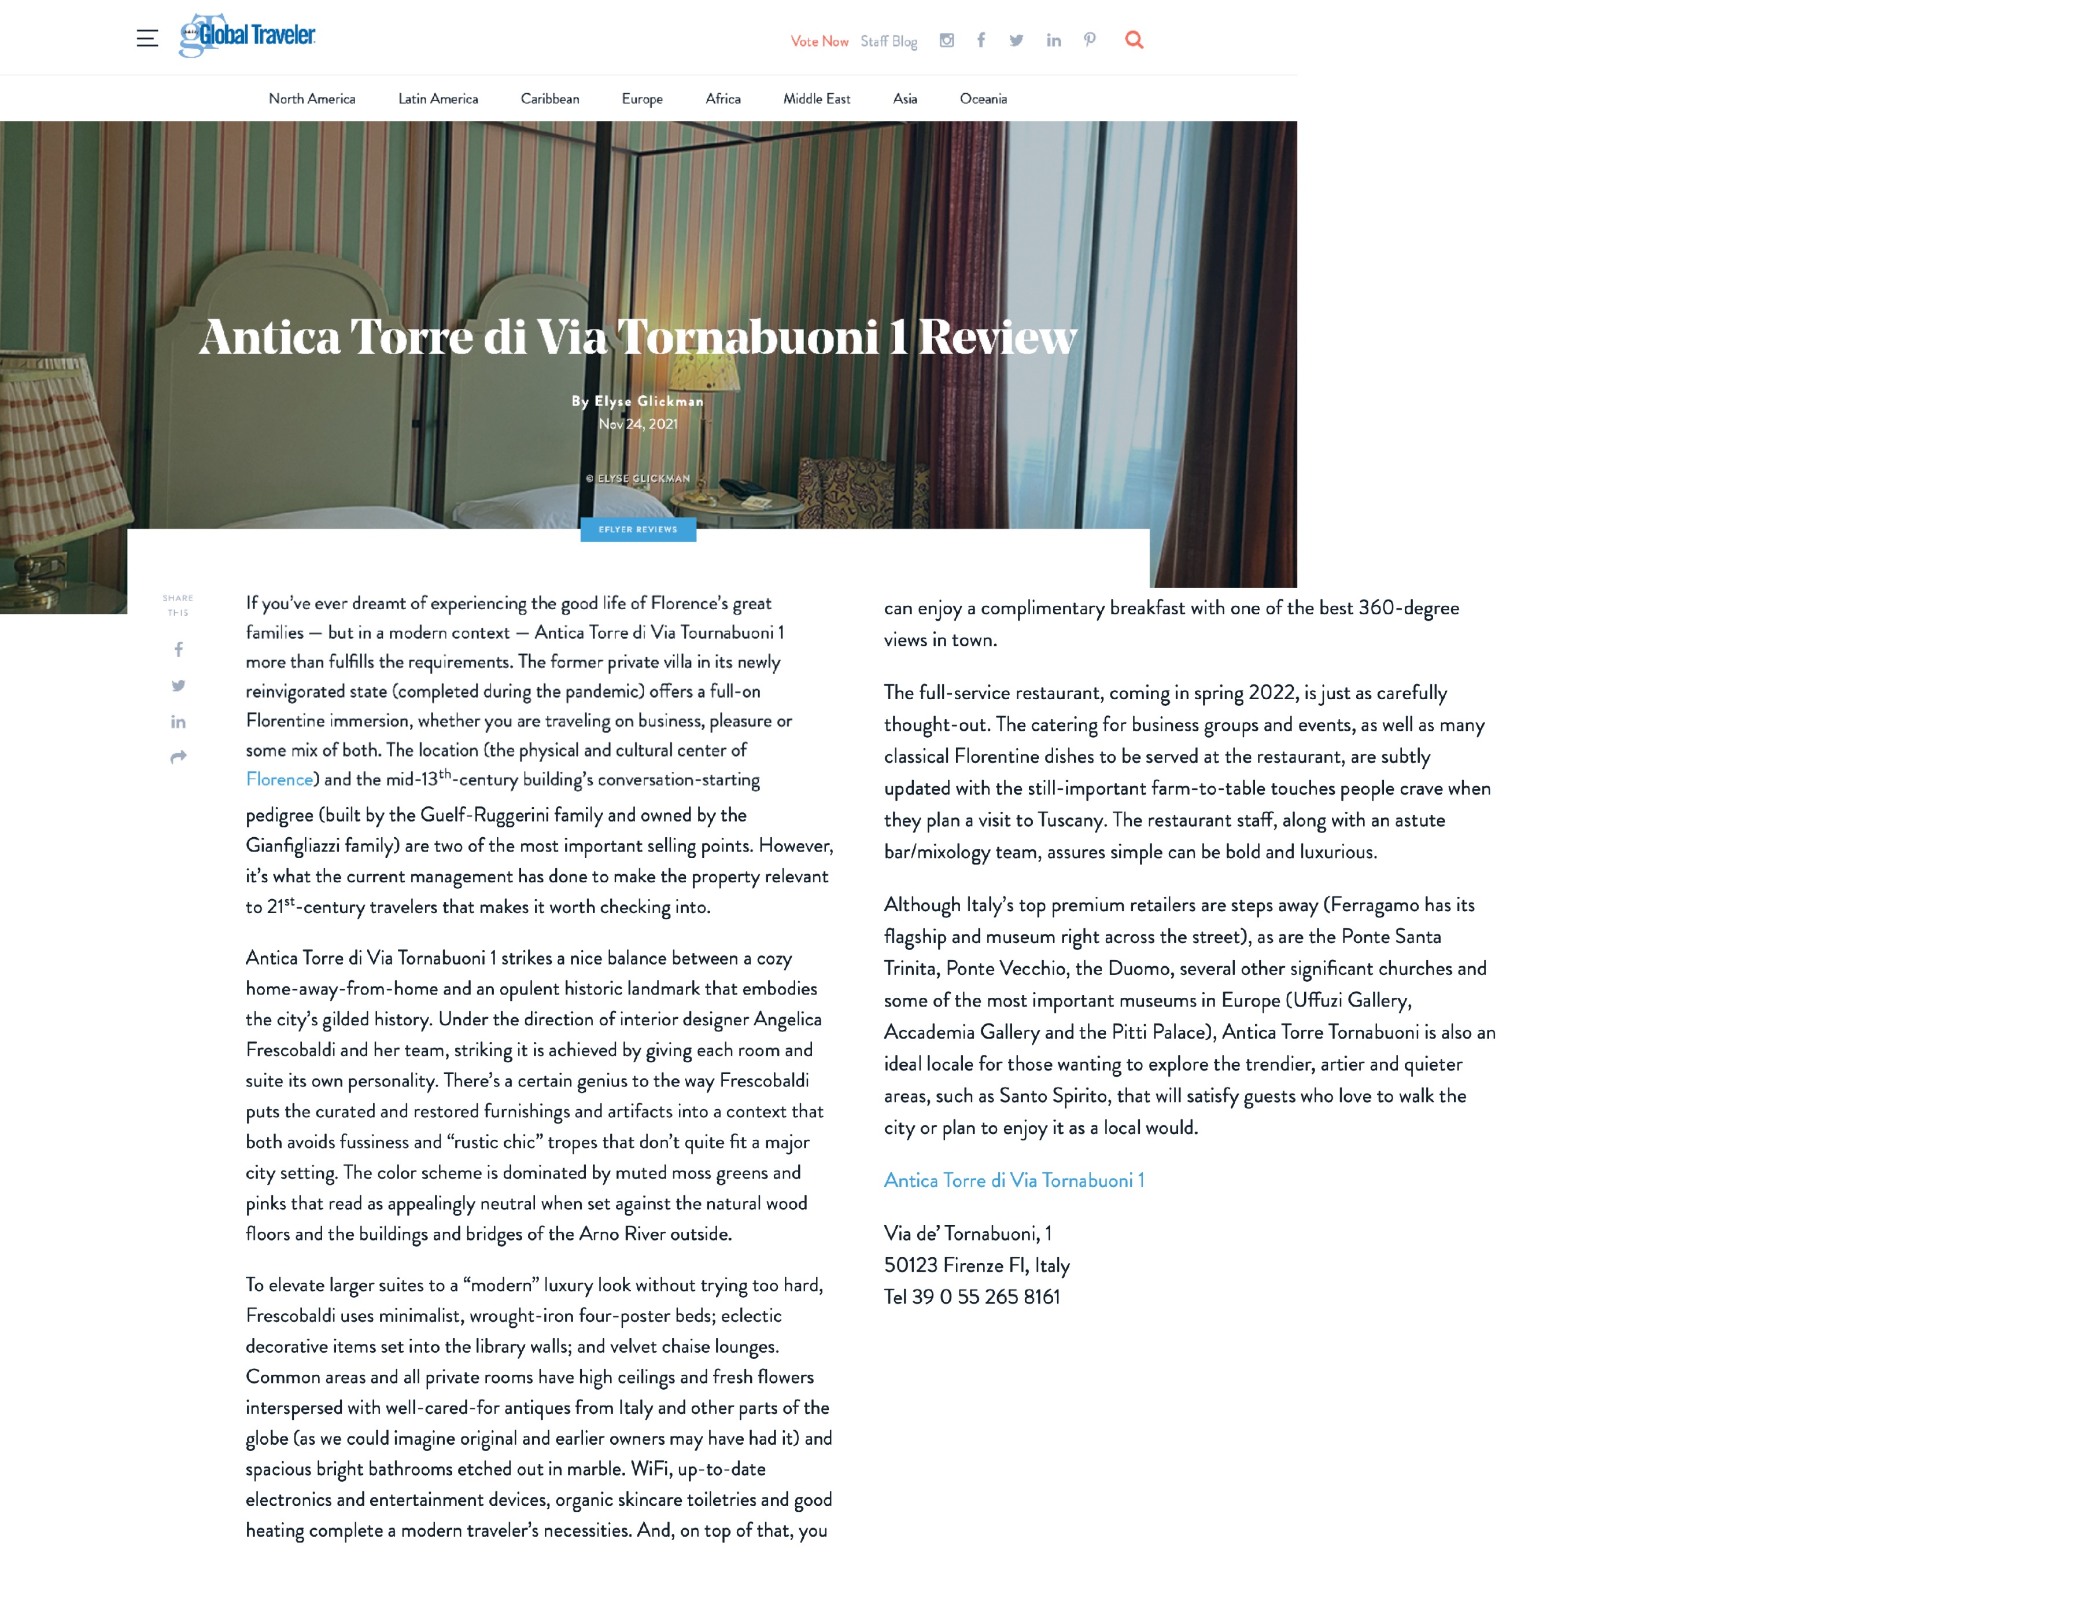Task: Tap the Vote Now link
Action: point(819,41)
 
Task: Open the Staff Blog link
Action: point(888,41)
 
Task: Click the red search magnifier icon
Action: point(1134,40)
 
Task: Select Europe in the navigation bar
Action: point(641,99)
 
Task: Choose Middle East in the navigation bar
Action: point(816,99)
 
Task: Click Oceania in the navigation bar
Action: point(983,99)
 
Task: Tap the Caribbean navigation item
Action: point(549,99)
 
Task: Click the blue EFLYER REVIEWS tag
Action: point(638,529)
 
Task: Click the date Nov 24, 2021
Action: point(638,424)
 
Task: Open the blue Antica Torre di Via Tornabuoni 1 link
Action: point(1013,1180)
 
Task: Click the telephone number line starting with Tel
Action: point(972,1297)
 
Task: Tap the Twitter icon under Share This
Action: point(178,686)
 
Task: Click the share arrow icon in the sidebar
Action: point(178,757)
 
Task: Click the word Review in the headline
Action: point(997,337)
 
